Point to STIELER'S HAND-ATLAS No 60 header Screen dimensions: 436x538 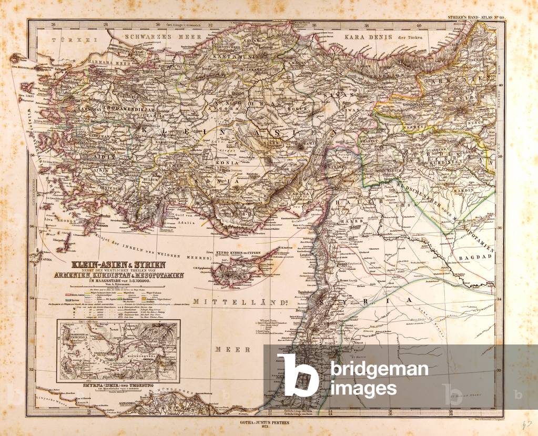(473, 19)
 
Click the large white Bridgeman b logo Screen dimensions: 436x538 (298, 374)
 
